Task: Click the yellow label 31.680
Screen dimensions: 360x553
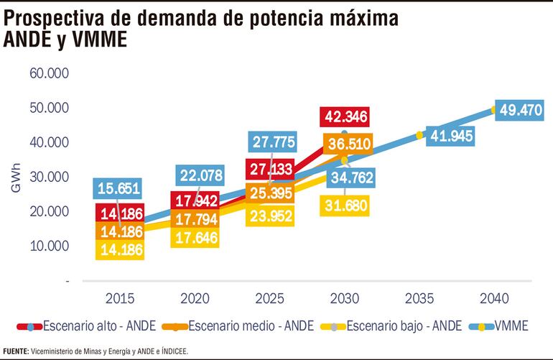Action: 345,206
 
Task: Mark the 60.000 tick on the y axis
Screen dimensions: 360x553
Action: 49,73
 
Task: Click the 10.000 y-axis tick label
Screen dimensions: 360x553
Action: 49,246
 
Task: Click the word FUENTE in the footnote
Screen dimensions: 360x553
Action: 15,351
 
